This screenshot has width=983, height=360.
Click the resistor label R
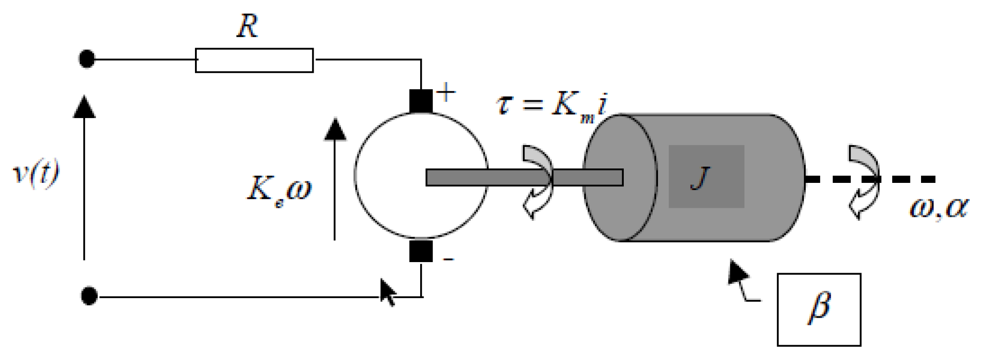click(248, 26)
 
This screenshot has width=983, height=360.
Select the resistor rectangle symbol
click(254, 60)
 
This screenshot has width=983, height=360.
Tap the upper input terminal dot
click(87, 59)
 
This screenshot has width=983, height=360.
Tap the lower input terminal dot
click(89, 296)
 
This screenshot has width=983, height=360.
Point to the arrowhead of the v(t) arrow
click(85, 107)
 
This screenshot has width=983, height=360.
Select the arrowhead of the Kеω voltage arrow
click(335, 130)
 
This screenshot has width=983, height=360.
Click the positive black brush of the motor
click(421, 101)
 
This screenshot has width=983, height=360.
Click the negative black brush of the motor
click(421, 251)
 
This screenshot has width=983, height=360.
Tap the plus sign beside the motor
click(446, 92)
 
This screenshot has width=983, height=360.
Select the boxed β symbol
click(819, 309)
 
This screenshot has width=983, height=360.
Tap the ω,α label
click(938, 207)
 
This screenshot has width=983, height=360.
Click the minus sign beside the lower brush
click(449, 260)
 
